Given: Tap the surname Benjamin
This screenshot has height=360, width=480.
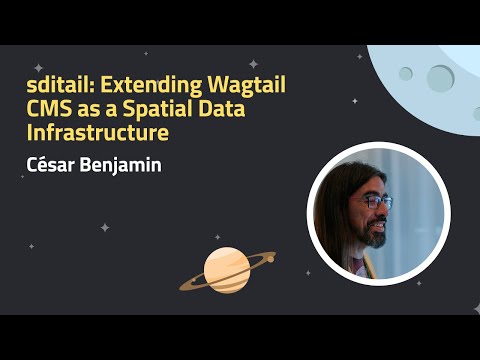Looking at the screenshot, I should tap(125, 162).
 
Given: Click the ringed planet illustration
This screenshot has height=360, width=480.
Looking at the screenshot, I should tap(227, 268).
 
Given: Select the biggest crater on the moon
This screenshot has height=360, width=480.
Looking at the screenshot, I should tap(440, 76).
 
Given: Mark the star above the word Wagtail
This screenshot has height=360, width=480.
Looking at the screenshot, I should tap(253, 63).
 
